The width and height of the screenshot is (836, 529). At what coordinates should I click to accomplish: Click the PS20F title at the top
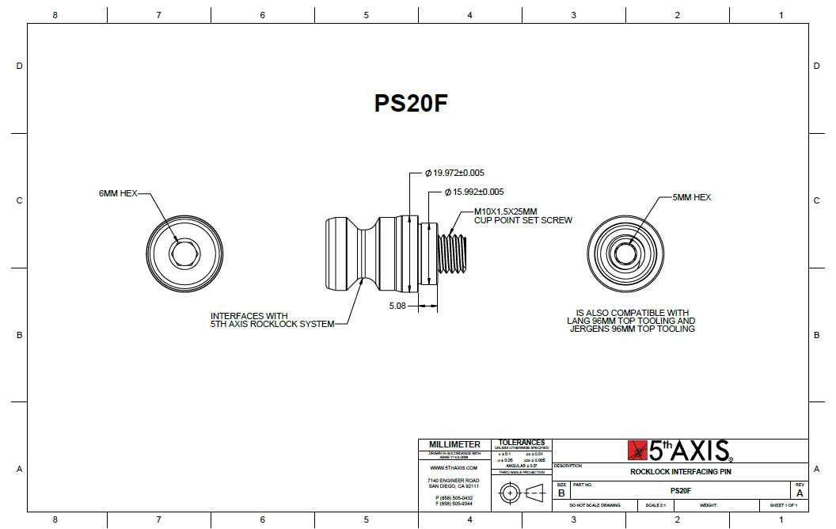(x=411, y=104)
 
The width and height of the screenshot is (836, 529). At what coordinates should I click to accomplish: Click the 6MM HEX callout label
(x=118, y=192)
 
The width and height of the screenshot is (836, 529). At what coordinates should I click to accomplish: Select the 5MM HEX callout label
(x=691, y=197)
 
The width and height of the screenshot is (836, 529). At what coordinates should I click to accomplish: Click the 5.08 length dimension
(x=397, y=306)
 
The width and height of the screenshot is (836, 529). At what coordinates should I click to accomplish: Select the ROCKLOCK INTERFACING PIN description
(x=681, y=471)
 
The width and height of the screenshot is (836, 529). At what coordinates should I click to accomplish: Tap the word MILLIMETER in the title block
(x=454, y=444)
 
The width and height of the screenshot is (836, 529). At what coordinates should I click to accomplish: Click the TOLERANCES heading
(x=522, y=443)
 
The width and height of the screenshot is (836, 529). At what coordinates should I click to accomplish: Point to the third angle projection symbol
(x=522, y=493)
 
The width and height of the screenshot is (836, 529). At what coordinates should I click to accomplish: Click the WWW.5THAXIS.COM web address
(x=454, y=468)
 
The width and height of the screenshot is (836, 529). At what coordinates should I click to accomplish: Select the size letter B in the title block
(x=561, y=493)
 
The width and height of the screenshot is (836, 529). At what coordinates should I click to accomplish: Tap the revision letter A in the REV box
(x=799, y=493)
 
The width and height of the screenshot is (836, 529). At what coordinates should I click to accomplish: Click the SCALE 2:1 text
(x=655, y=505)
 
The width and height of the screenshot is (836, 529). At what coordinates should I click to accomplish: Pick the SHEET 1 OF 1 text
(x=784, y=505)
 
